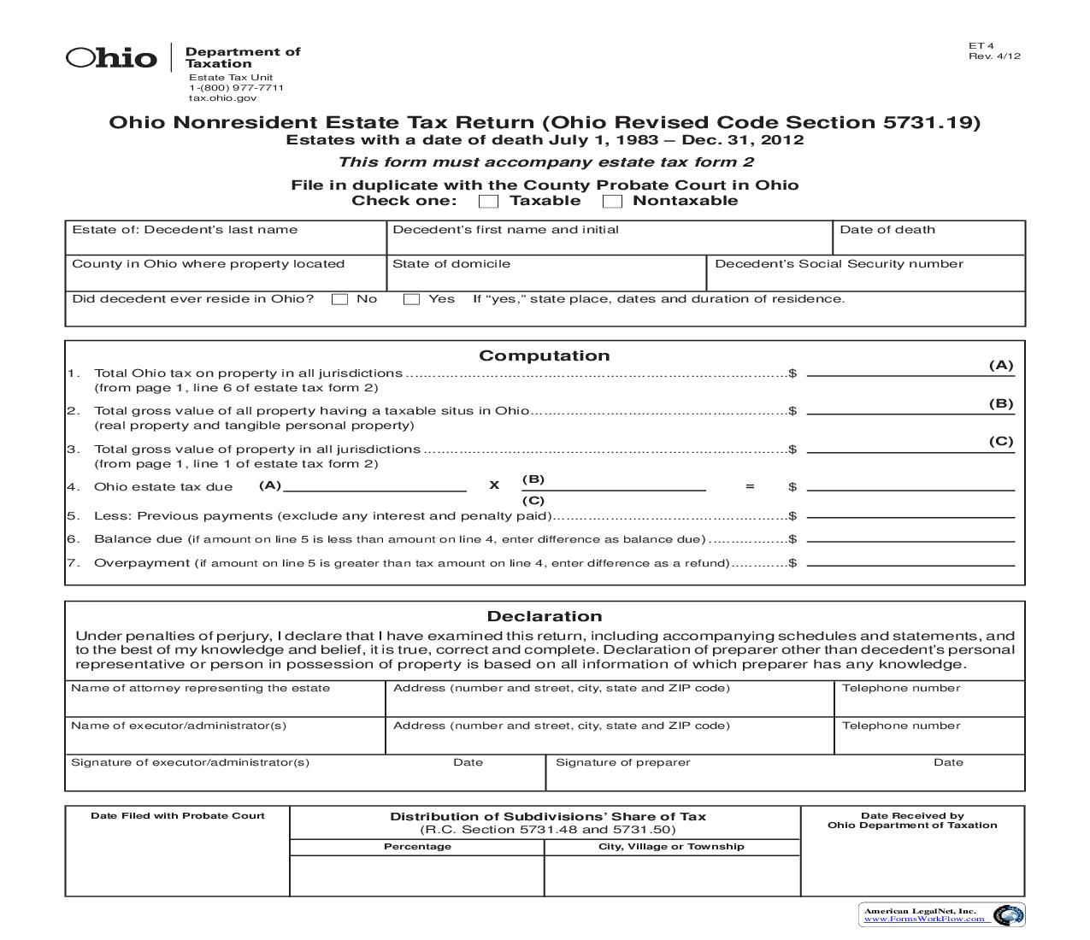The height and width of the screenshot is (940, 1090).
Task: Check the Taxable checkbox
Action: click(x=488, y=202)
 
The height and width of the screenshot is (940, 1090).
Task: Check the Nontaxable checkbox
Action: click(x=612, y=202)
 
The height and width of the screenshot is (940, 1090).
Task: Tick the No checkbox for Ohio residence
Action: click(x=339, y=300)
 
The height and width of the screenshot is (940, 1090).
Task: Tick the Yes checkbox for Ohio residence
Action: click(x=411, y=300)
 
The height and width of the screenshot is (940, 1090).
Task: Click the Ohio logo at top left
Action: click(x=112, y=58)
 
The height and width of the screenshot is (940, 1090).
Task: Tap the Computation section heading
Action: click(x=544, y=355)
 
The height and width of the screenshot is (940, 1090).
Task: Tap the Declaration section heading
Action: click(x=544, y=616)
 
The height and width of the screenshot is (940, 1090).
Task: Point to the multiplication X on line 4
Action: click(x=494, y=485)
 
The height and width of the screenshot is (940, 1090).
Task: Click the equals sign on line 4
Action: click(x=750, y=486)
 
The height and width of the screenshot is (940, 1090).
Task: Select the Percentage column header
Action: click(x=417, y=847)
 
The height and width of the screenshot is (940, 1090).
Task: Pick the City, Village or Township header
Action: click(x=671, y=847)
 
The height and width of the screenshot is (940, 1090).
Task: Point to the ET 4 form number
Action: click(x=981, y=46)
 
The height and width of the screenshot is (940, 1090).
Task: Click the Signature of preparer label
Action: click(x=622, y=762)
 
